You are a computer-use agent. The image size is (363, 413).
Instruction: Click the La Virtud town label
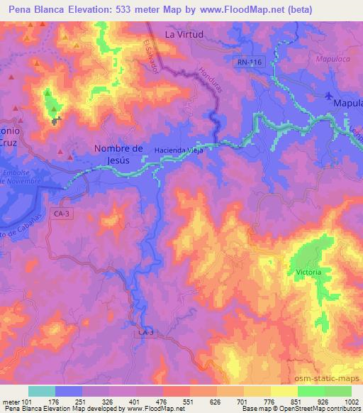[184, 33]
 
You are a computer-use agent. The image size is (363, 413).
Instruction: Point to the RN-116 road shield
[250, 62]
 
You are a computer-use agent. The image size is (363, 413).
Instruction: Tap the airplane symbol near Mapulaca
[328, 96]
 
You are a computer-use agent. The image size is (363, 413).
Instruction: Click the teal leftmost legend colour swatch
[41, 391]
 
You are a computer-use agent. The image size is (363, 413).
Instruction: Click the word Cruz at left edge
[8, 142]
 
